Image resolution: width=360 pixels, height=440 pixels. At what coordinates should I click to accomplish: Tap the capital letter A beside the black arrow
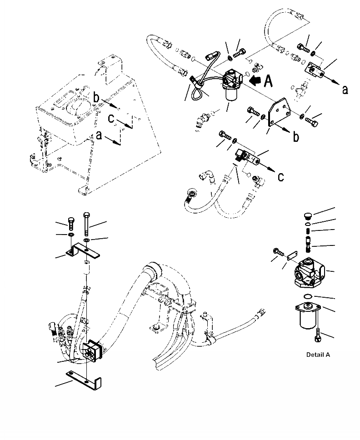coord(269,81)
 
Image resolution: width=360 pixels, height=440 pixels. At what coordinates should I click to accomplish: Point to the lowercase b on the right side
coord(296,136)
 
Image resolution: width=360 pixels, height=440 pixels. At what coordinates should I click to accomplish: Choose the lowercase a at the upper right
coord(345,90)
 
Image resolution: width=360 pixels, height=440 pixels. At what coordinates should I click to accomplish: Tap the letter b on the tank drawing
coord(96,97)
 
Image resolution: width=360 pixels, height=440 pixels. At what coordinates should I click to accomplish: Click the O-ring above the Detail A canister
coord(308,297)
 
